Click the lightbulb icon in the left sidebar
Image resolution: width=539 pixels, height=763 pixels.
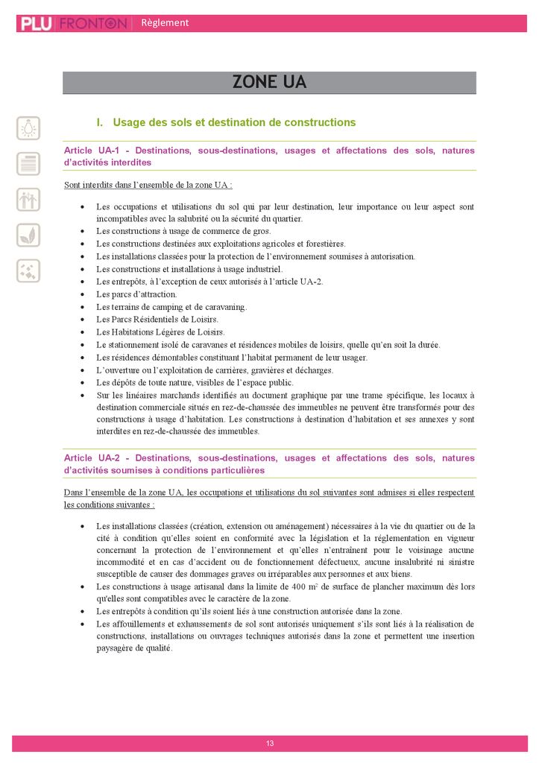click(28, 127)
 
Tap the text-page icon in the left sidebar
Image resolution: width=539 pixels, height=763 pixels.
click(28, 163)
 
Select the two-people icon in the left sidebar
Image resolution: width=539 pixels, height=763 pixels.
click(28, 199)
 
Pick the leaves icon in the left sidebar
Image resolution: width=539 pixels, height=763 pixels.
click(28, 235)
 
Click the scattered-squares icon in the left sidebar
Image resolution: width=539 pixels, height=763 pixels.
click(28, 270)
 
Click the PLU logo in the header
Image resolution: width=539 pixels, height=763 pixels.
click(36, 24)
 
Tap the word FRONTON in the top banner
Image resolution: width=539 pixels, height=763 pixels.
click(92, 24)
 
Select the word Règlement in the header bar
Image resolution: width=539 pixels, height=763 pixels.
click(165, 23)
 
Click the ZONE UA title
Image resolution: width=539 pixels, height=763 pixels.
click(269, 82)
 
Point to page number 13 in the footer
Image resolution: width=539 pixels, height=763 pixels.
click(270, 743)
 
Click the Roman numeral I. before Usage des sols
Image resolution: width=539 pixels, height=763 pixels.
click(100, 122)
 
